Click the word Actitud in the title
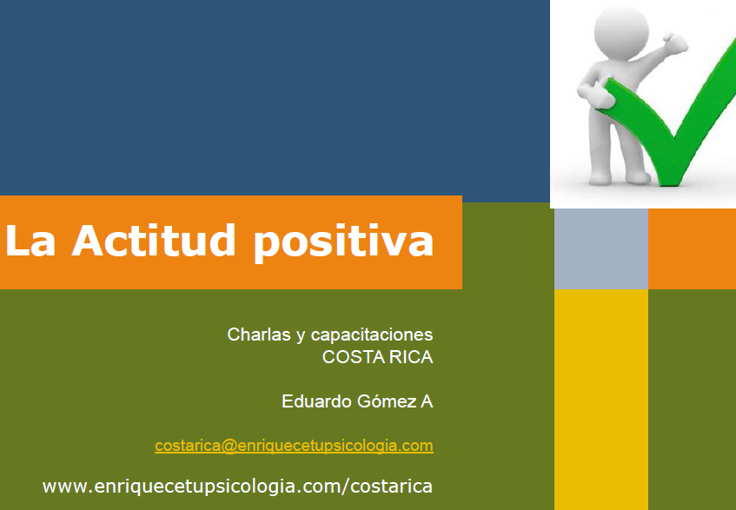click(x=153, y=240)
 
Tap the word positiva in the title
click(x=343, y=242)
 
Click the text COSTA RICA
click(x=377, y=357)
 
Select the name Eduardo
click(x=316, y=401)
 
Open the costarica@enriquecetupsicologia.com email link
click(x=294, y=446)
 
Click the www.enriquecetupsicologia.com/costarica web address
click(x=237, y=487)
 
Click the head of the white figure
click(x=621, y=33)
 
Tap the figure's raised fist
click(x=675, y=43)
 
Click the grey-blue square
click(x=601, y=248)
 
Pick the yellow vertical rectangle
click(x=601, y=400)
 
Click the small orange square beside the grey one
click(x=692, y=248)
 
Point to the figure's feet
click(x=619, y=177)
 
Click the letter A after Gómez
click(x=427, y=401)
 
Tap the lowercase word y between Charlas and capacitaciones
click(x=301, y=337)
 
